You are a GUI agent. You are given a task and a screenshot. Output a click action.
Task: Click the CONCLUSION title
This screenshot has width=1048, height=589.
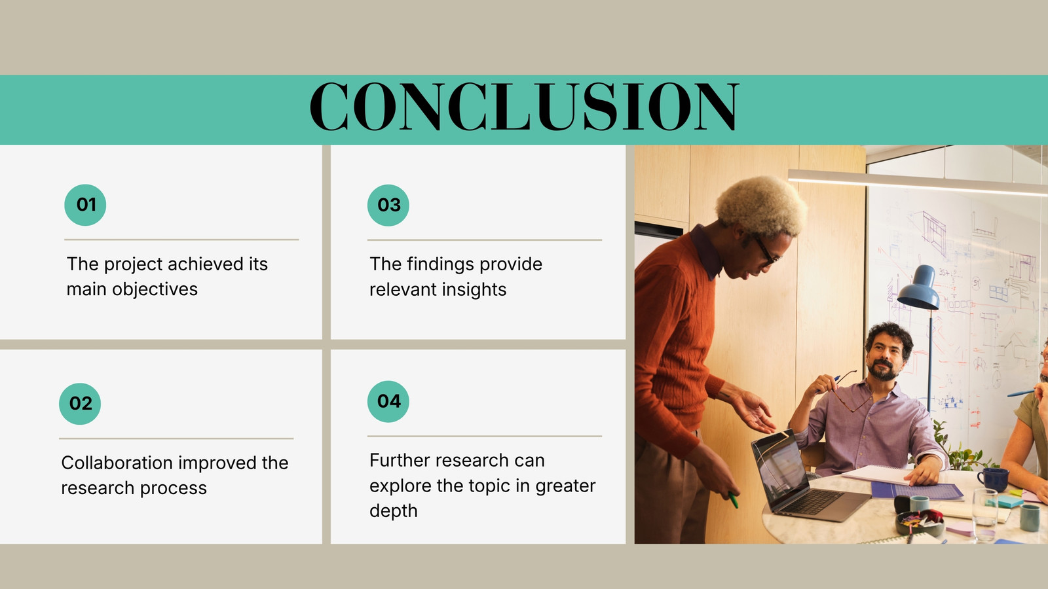click(525, 107)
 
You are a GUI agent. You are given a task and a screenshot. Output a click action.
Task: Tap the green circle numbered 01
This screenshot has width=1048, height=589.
click(85, 205)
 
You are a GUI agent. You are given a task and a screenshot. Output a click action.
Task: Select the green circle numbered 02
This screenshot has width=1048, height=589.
click(80, 404)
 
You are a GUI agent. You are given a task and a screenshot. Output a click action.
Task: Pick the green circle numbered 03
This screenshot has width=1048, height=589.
click(388, 205)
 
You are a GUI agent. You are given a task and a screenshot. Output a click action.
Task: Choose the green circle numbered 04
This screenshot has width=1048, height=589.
click(388, 402)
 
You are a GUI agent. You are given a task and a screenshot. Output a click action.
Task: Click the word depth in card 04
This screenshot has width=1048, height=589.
click(394, 511)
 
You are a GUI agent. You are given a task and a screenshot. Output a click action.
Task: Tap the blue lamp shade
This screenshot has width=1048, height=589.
click(918, 288)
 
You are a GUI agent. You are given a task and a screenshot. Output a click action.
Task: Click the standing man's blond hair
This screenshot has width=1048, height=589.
click(761, 205)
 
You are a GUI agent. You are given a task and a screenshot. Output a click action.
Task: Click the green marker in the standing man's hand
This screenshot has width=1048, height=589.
click(733, 500)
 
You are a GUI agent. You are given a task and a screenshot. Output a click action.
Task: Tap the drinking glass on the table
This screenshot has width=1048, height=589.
click(985, 514)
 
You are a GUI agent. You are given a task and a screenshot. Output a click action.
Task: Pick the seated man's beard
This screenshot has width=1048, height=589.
click(884, 370)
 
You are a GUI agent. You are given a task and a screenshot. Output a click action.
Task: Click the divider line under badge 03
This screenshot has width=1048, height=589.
click(485, 240)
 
